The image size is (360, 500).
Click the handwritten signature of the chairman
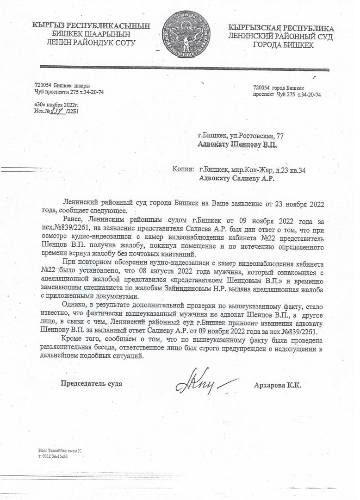pos(204,383)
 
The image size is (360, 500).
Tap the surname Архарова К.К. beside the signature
pos(278,385)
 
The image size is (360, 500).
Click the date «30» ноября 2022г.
pos(56,105)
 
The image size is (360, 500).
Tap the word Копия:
pos(183,170)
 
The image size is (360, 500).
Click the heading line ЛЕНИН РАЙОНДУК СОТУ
pos(88,43)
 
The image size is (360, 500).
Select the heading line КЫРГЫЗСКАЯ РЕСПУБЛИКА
pos(281,28)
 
